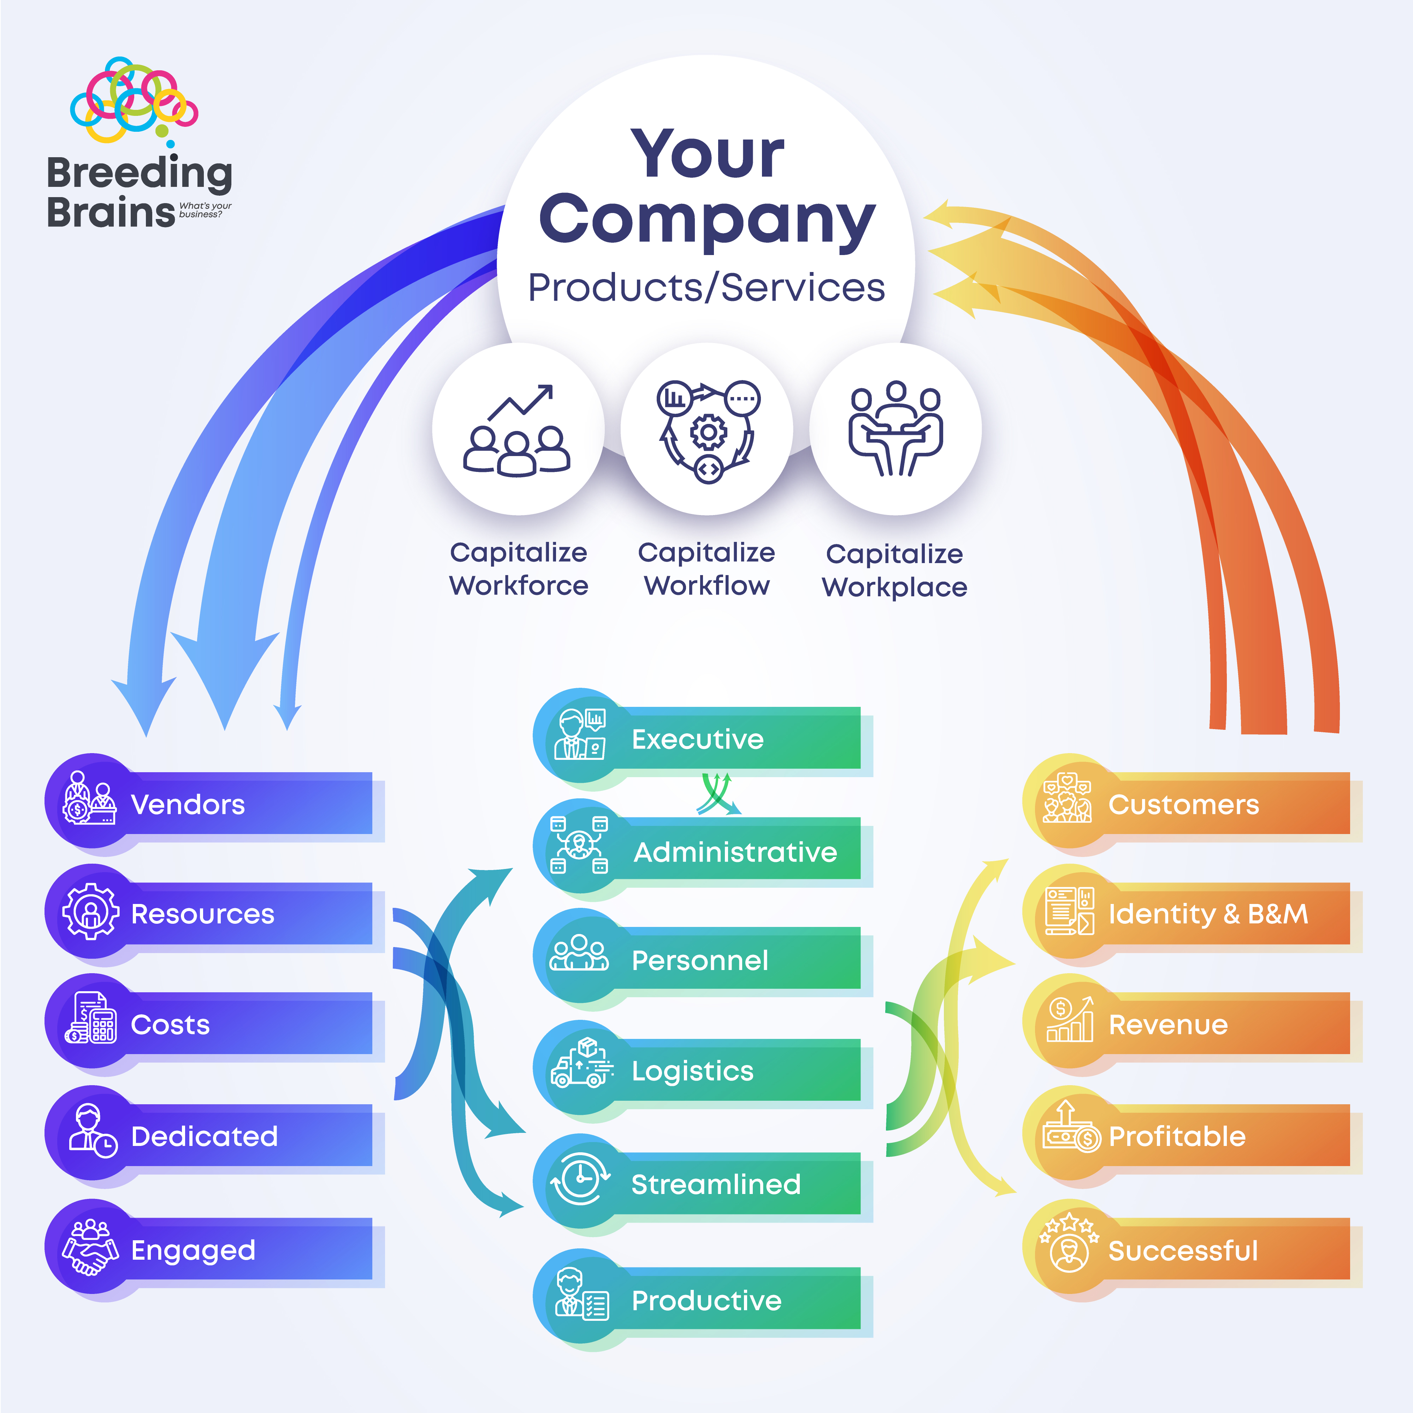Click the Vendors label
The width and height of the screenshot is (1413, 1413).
coord(188,804)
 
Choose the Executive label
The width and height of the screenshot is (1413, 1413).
coord(698,739)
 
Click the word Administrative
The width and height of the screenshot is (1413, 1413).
coord(735,852)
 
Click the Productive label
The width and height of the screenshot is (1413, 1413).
coord(706,1300)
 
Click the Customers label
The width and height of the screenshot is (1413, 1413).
coord(1183,804)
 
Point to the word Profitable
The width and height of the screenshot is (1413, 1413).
coord(1177,1136)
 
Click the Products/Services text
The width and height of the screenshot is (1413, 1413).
coord(706,288)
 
